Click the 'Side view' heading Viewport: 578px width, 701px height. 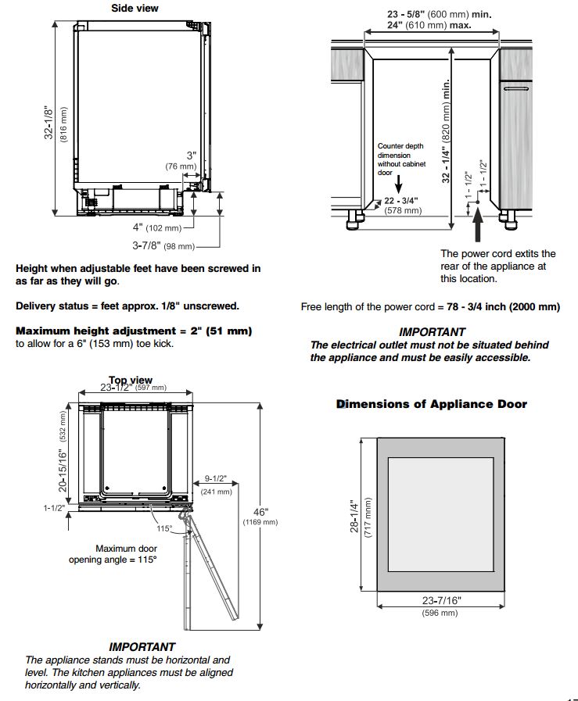point(134,9)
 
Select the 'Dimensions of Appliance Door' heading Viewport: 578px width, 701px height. point(432,404)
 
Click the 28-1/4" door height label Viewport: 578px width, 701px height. point(354,516)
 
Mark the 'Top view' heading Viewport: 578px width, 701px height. point(130,381)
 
